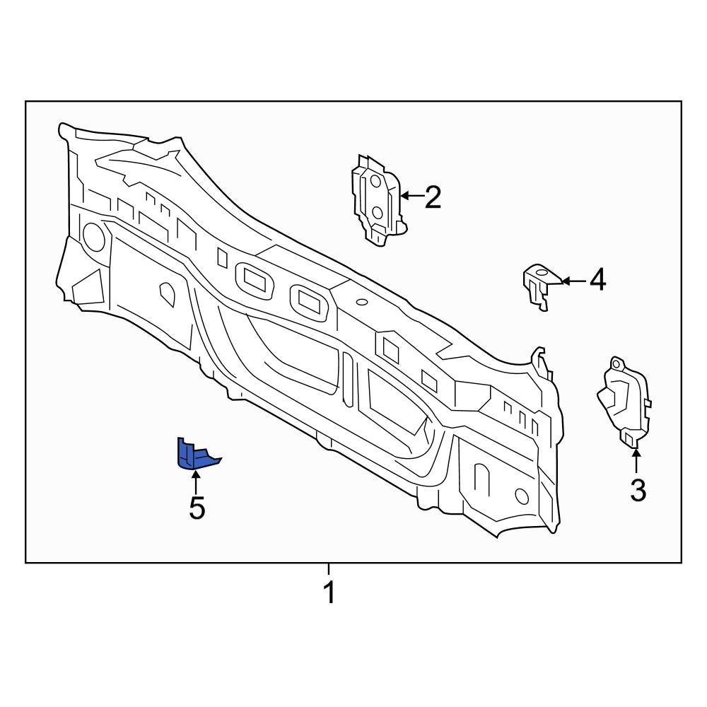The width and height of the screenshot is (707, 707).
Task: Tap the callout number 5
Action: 197,508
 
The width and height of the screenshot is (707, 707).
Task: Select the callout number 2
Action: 432,197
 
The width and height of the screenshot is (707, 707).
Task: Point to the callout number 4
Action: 597,281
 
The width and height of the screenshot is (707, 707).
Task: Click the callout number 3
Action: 637,490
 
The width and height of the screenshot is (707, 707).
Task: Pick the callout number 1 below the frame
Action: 329,592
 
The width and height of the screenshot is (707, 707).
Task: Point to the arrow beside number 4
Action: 573,281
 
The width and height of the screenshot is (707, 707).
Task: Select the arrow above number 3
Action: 636,461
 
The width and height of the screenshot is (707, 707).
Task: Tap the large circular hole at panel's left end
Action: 93,236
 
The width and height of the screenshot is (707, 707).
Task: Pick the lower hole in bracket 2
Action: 377,211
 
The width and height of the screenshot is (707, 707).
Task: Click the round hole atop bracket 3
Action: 616,364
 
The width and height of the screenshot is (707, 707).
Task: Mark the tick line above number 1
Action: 329,568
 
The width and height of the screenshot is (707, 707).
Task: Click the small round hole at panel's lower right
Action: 522,495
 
